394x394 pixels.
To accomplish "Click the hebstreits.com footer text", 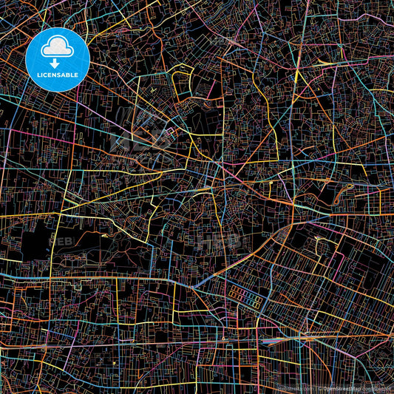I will [x=292, y=388].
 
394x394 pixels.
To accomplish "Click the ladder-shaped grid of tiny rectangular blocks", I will [x=244, y=296].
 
